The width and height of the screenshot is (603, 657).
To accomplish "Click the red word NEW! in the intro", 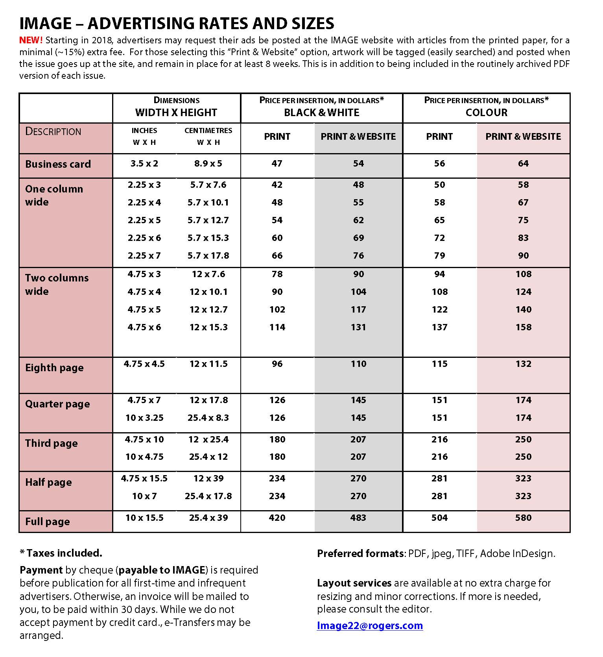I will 31,40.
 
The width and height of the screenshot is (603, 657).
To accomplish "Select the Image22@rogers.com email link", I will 370,626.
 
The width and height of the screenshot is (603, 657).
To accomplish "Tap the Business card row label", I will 58,164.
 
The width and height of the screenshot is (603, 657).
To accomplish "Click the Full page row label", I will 48,522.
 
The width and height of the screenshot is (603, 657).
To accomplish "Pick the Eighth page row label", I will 54,368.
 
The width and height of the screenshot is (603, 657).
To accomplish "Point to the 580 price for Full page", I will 523,518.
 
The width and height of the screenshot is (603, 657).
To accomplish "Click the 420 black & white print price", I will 277,518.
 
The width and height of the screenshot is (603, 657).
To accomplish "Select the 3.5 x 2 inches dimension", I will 144,163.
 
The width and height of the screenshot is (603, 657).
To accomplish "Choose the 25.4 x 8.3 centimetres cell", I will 208,418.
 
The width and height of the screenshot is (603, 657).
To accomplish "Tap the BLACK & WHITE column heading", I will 321,113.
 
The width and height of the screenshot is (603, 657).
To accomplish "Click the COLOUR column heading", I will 486,113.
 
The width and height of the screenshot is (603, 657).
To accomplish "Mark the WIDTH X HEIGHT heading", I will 176,113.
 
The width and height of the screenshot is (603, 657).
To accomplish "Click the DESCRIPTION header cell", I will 53,131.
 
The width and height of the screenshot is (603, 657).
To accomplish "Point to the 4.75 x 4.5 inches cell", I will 144,364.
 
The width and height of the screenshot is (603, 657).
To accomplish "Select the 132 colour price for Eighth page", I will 523,364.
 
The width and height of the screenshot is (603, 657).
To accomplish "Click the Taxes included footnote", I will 61,553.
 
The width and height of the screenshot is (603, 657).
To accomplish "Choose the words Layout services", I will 354,583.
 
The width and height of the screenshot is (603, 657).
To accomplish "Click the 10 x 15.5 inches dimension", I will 144,518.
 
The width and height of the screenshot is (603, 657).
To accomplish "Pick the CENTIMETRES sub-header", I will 208,131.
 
